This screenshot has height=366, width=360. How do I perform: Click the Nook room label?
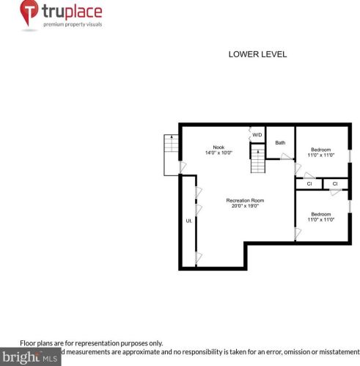tap(218, 146)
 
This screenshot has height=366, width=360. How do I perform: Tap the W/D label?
tap(257, 135)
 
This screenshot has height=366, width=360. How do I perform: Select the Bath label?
tap(280, 142)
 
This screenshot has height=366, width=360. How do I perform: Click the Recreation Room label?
tap(244, 200)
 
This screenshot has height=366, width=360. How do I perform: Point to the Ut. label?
tap(188, 220)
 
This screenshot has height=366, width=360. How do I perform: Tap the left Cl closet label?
tap(309, 183)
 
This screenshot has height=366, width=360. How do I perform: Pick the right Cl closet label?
tap(334, 183)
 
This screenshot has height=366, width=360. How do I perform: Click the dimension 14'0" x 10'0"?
tap(218, 153)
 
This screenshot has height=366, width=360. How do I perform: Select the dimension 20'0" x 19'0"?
tap(244, 206)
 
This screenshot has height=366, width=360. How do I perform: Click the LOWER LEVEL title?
tap(257, 54)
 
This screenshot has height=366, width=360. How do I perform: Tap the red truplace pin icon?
tap(29, 13)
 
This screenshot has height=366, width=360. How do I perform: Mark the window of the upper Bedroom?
tap(350, 156)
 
